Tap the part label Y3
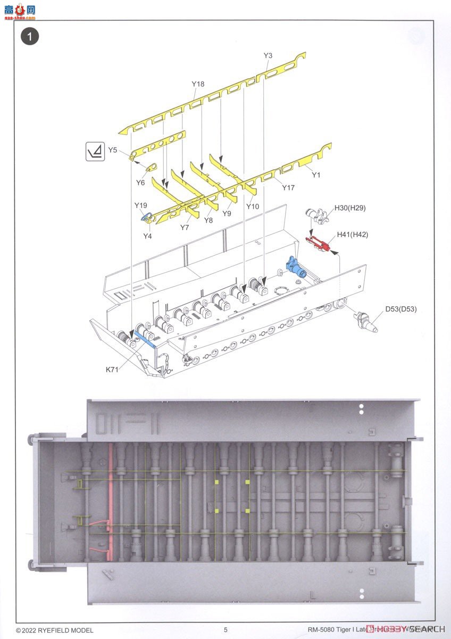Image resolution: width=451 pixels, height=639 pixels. tap(268, 55)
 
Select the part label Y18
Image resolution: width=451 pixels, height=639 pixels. tap(198, 84)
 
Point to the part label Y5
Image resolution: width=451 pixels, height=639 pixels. tap(112, 150)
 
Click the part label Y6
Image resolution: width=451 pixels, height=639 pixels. tap(140, 182)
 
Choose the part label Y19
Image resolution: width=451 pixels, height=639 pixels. tap(140, 205)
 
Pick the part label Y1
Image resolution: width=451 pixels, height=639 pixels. tap(316, 175)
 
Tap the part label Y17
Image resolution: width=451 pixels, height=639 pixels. tap(288, 187)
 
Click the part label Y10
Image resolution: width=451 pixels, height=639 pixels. tap(253, 206)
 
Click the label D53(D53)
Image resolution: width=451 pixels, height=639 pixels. tap(401, 309)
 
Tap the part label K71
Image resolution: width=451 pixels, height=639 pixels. tap(111, 369)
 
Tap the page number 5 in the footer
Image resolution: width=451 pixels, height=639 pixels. tap(225, 629)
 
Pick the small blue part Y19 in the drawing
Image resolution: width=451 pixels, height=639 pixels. tap(147, 216)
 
